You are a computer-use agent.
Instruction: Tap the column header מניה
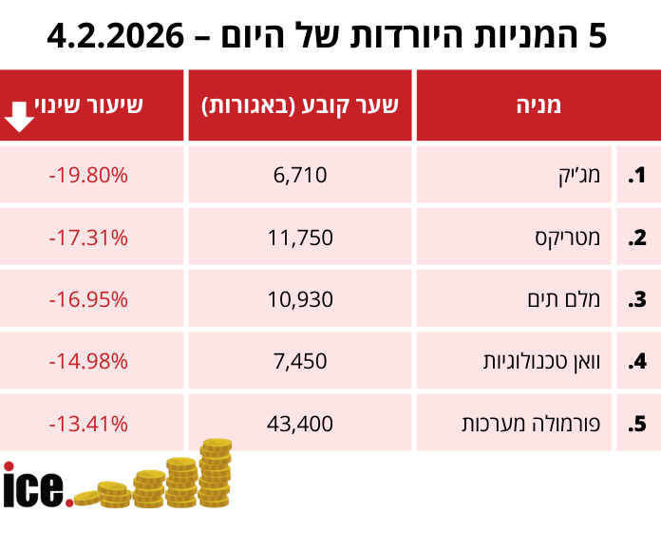click(x=538, y=105)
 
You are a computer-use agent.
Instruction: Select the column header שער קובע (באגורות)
click(x=300, y=105)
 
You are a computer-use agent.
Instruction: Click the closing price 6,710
click(x=300, y=175)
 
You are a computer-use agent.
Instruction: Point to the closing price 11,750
click(x=300, y=237)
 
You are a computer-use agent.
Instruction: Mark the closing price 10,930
click(x=300, y=299)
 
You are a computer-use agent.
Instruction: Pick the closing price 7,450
click(x=300, y=361)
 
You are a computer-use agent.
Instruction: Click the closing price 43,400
click(x=300, y=423)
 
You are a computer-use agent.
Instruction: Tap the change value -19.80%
click(x=88, y=175)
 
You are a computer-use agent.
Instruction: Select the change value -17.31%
click(x=88, y=237)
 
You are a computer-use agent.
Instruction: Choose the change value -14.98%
click(x=88, y=361)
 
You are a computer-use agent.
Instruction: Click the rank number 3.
click(x=637, y=299)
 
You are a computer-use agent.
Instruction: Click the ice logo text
click(x=36, y=485)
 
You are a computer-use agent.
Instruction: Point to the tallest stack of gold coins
click(x=216, y=471)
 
